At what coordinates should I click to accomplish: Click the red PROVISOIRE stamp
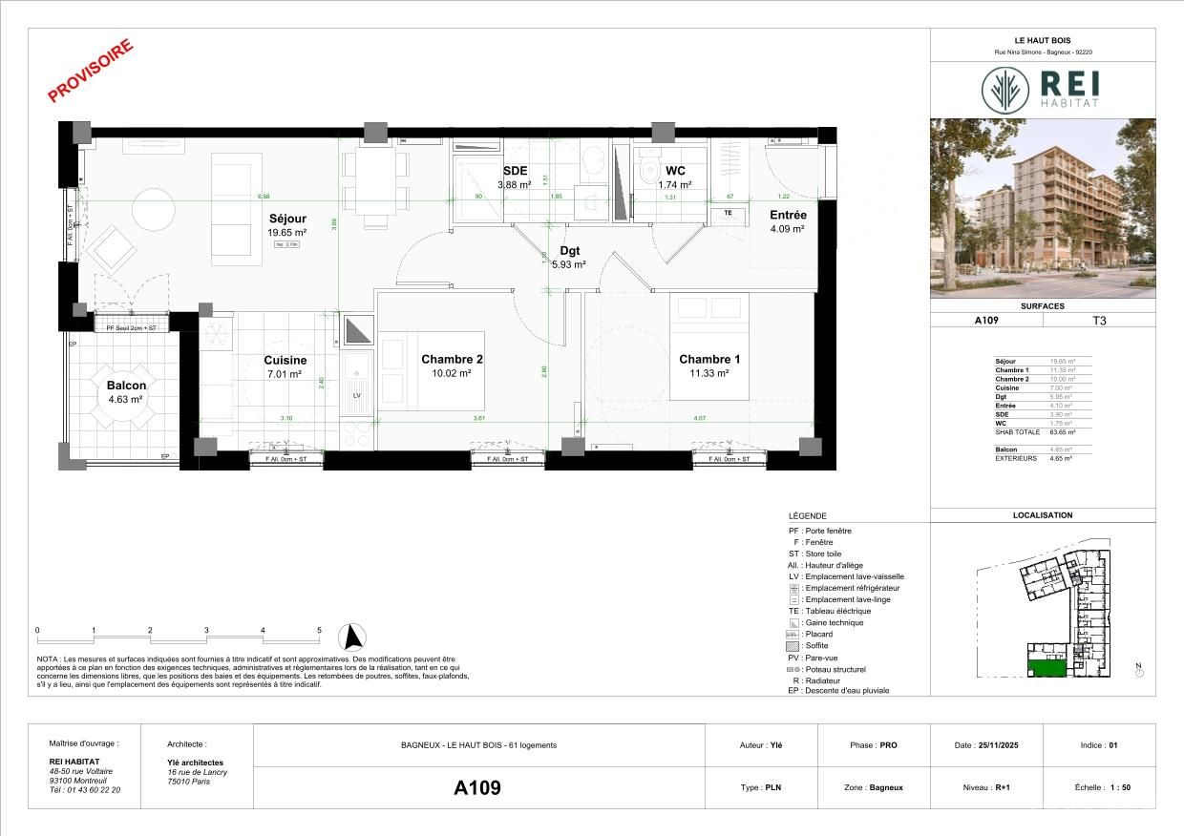[x=91, y=71]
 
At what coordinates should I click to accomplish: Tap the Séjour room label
[x=286, y=219]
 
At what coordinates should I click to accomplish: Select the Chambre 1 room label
[x=709, y=360]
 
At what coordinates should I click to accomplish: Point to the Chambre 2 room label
[x=452, y=360]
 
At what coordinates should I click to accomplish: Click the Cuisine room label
[x=285, y=361]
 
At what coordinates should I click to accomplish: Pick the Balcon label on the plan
[x=126, y=386]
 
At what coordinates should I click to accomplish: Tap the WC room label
[x=675, y=171]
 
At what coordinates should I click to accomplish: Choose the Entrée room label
[x=788, y=216]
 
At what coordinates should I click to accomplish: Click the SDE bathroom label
[x=515, y=172]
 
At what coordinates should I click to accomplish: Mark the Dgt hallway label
[x=569, y=251]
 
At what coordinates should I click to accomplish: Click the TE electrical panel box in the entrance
[x=729, y=213]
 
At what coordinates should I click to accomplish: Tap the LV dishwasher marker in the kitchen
[x=358, y=394]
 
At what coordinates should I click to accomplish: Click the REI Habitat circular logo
[x=1005, y=90]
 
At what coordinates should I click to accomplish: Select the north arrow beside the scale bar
[x=355, y=637]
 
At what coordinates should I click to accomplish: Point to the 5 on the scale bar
[x=319, y=631]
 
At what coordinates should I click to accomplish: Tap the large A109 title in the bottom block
[x=477, y=788]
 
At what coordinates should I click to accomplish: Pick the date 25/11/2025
[x=998, y=745]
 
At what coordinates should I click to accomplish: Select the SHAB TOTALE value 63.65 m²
[x=1057, y=432]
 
